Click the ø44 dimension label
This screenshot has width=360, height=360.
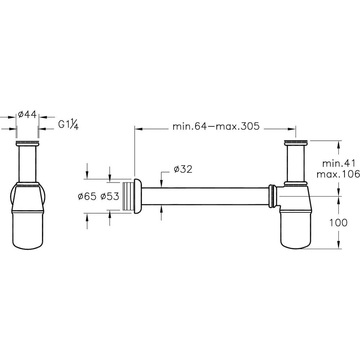[x=27, y=114]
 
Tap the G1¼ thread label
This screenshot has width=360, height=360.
[x=68, y=125]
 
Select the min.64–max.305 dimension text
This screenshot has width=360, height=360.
[x=216, y=126]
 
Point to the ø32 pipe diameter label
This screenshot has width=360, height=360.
[x=183, y=170]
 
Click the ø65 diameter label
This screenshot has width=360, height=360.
[x=87, y=196]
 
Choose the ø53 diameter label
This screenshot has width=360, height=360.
[x=110, y=196]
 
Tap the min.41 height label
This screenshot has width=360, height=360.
[x=339, y=164]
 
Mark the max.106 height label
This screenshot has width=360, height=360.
[x=338, y=175]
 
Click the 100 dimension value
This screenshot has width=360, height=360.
[x=338, y=222]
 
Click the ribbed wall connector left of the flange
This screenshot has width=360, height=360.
[x=127, y=197]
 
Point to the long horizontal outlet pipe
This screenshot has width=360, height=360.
[x=205, y=196]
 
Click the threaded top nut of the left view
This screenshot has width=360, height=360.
[x=28, y=143]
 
